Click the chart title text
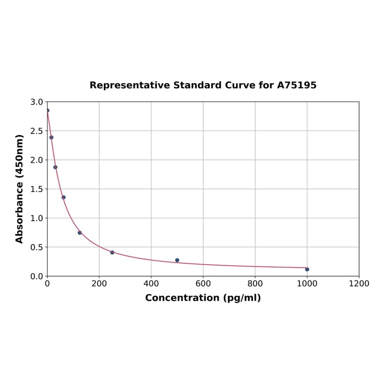pos(203,85)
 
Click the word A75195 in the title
pos(296,85)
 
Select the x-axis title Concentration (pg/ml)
pos(203,298)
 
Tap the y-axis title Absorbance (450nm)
pos(20,189)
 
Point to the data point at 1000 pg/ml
pos(307,269)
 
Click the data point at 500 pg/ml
pos(177,260)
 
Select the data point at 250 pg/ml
pos(112,252)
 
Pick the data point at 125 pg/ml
pos(80,233)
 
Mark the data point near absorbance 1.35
pos(63,197)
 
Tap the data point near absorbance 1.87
pos(55,167)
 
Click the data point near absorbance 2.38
pos(51,138)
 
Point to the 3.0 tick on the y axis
pos(37,102)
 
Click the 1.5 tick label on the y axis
pos(37,189)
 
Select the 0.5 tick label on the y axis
pos(37,247)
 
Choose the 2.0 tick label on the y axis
pos(37,160)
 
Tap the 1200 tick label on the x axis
pos(359,283)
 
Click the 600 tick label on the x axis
pos(203,283)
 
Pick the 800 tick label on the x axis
pos(255,283)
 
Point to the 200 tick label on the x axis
pos(99,283)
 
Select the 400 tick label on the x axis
pos(151,283)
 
